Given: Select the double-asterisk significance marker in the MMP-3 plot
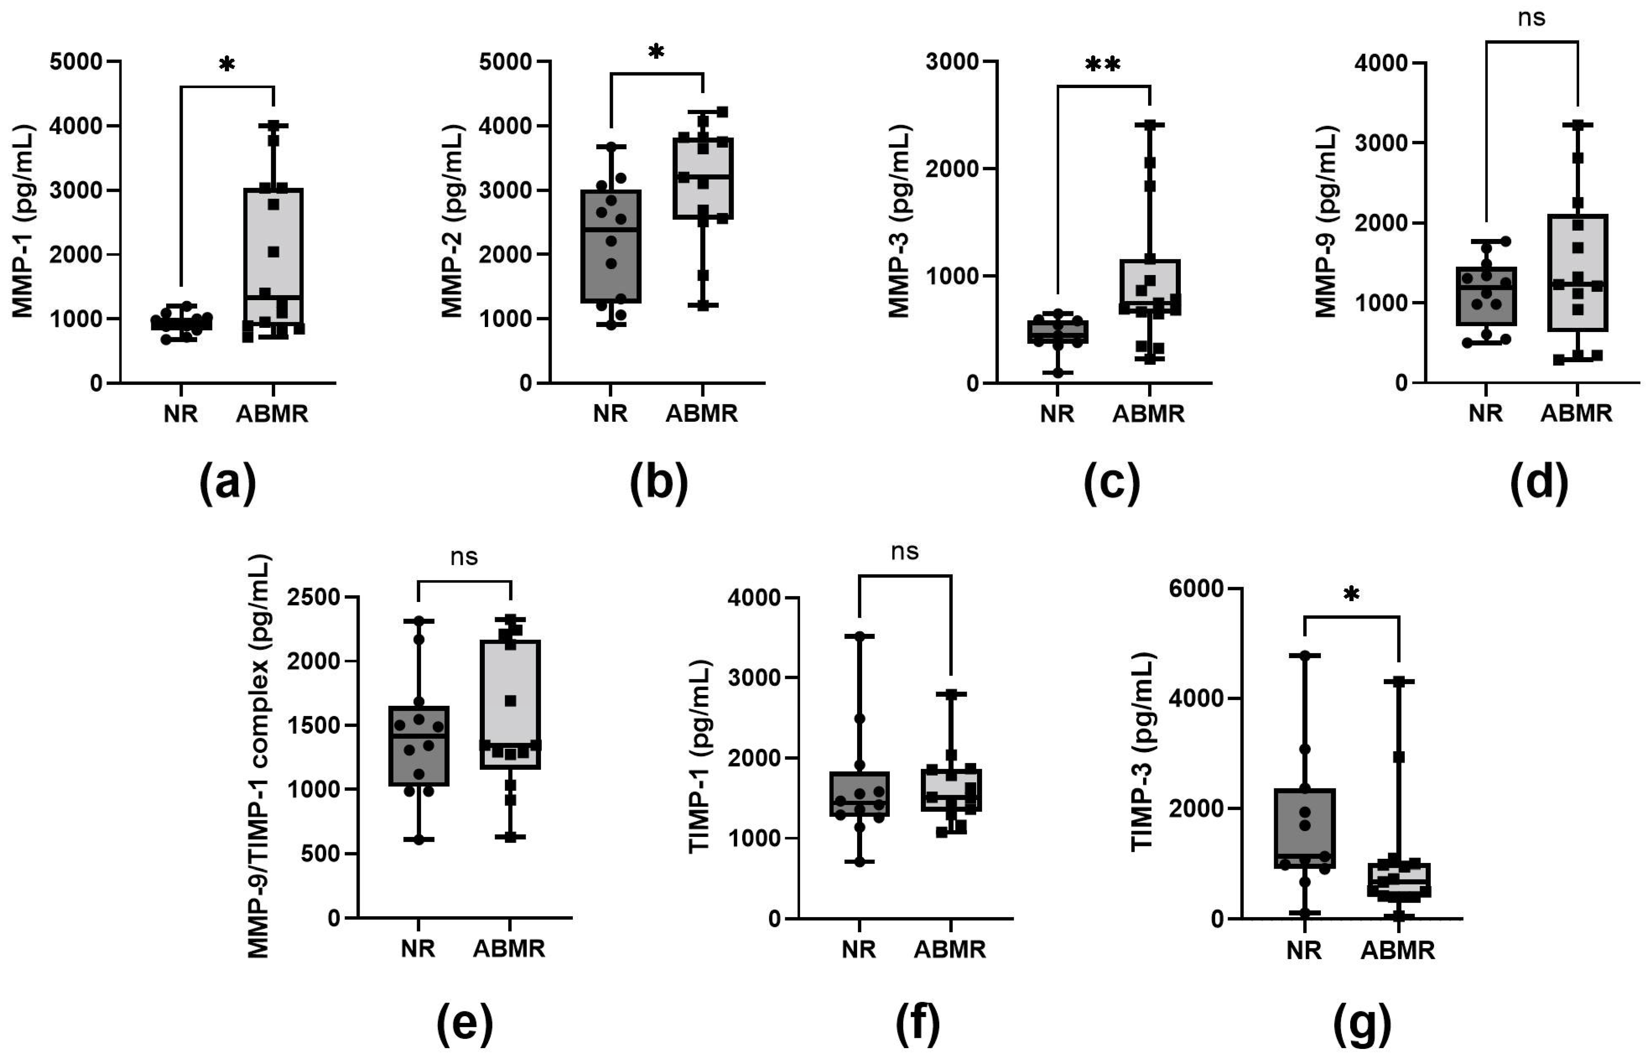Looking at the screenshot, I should click(1103, 64).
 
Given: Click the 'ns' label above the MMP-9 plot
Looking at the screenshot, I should click(1531, 18).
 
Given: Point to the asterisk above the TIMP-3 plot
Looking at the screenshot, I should click(1351, 594).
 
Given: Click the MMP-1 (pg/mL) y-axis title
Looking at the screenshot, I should click(24, 221).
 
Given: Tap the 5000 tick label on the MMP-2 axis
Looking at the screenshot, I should click(506, 62).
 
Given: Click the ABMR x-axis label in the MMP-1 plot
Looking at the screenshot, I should click(272, 414).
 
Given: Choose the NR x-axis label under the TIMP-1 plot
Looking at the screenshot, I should click(858, 949).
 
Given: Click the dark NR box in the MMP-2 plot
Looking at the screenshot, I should click(610, 246).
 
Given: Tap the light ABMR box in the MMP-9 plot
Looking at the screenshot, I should click(1577, 272).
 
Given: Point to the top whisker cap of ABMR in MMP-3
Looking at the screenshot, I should click(1149, 125).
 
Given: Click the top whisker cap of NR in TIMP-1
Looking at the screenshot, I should click(859, 636).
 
